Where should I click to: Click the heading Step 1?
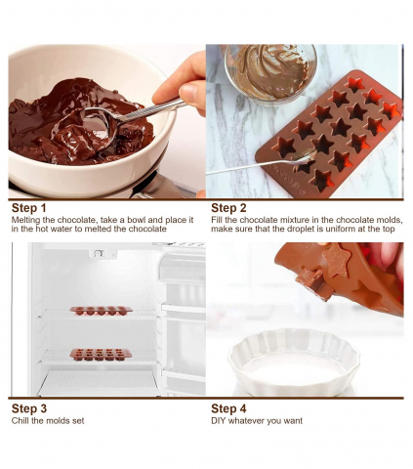29,208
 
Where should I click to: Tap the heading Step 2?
228,208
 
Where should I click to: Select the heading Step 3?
29,408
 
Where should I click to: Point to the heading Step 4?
228,408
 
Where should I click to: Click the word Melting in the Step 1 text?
24,220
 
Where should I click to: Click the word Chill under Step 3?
20,421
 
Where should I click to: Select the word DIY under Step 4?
218,421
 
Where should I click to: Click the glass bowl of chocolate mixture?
270,73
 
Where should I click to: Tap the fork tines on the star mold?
306,155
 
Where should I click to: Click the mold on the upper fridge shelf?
101,311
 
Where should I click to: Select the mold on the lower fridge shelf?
101,354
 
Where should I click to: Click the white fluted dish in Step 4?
294,362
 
